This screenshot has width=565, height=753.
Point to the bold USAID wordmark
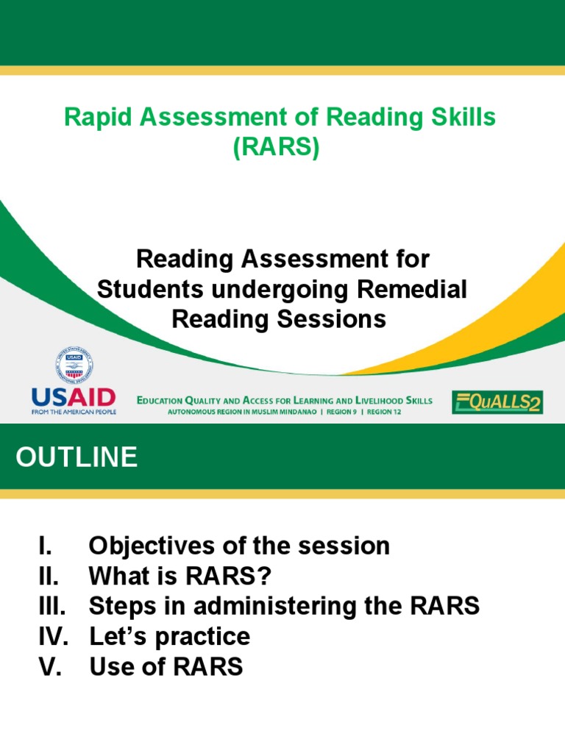tap(73, 399)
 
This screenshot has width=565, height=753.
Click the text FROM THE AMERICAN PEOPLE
tap(73, 412)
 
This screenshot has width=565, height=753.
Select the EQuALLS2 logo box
tap(497, 402)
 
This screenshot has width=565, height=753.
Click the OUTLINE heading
tap(77, 457)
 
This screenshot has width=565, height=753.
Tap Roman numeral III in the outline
tap(51, 606)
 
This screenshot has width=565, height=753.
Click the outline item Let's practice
tap(169, 636)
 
